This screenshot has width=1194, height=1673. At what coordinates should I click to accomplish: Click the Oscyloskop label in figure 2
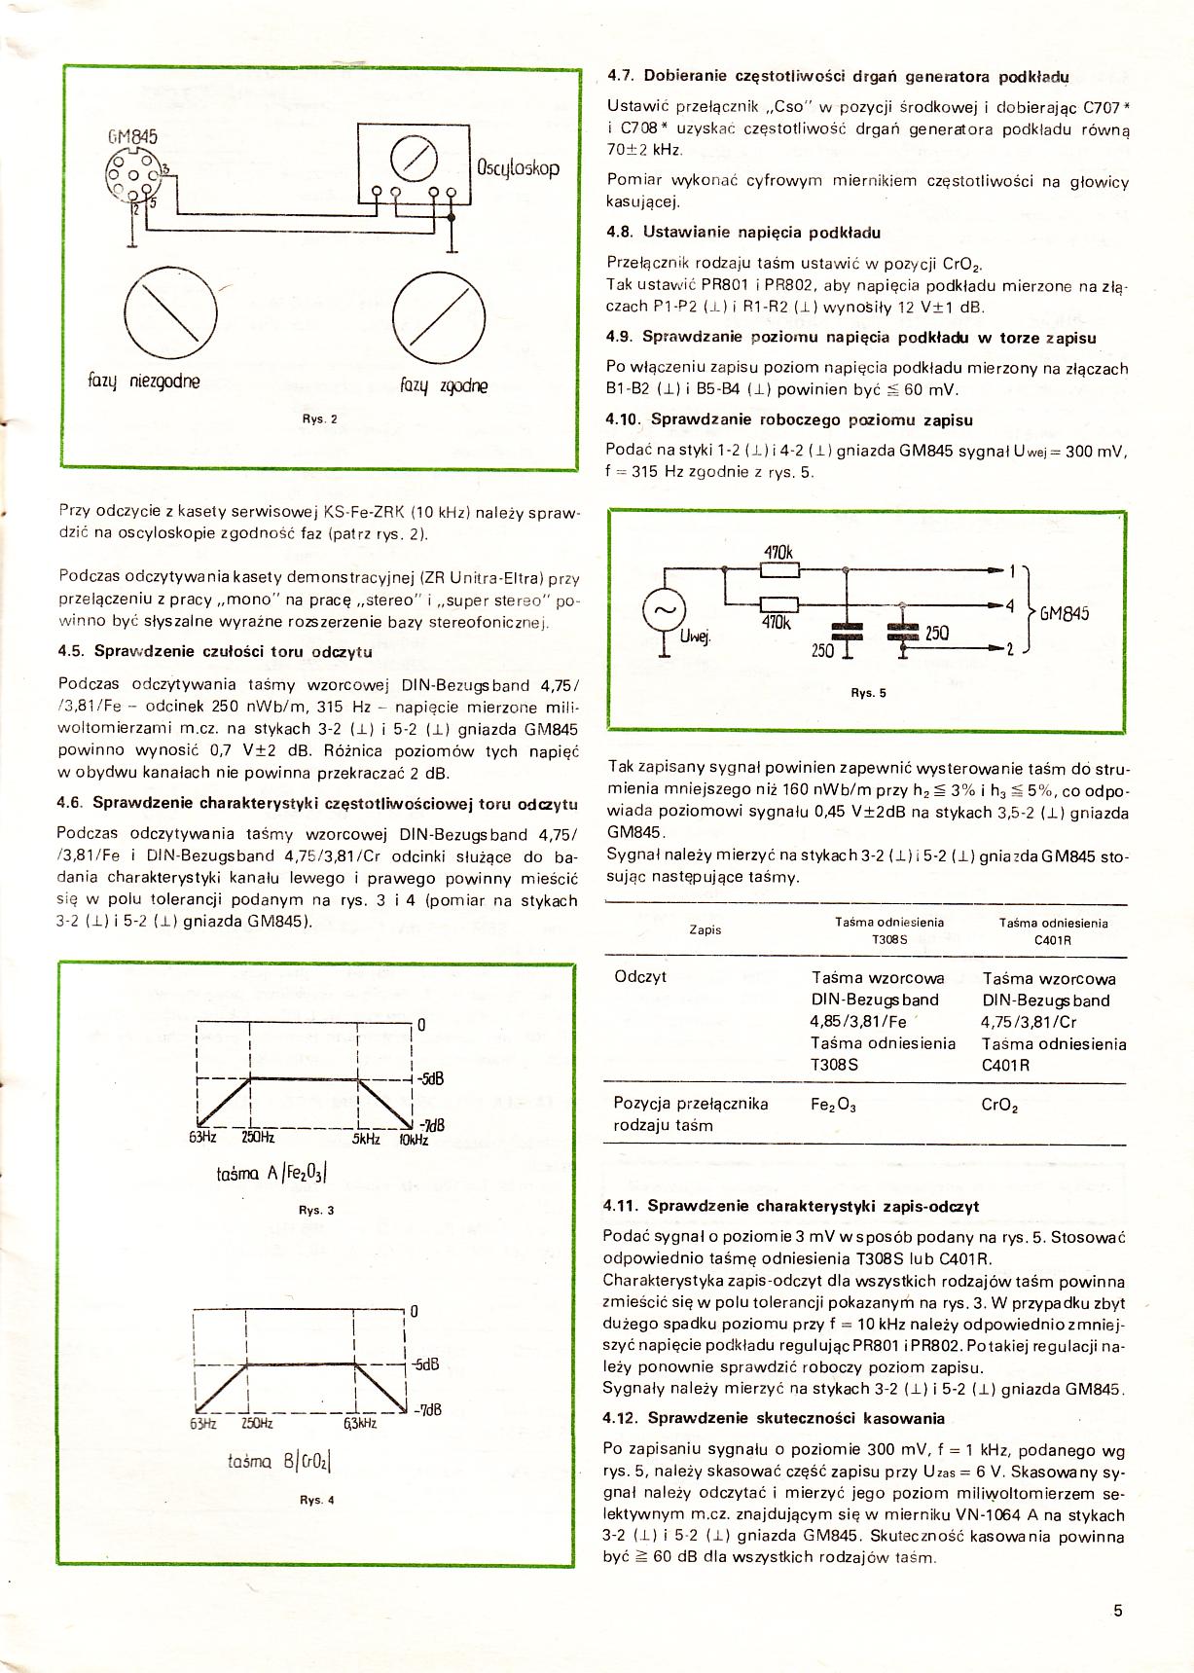pyautogui.click(x=518, y=167)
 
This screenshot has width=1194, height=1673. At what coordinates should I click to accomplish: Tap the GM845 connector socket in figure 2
pyautogui.click(x=130, y=176)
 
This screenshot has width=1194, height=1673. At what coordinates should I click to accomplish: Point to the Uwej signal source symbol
pyautogui.click(x=666, y=612)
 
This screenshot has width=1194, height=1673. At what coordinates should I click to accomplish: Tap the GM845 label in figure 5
pyautogui.click(x=1065, y=613)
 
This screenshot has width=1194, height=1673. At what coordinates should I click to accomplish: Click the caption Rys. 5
pyautogui.click(x=868, y=693)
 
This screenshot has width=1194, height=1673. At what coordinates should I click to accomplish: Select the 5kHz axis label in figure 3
pyautogui.click(x=366, y=1138)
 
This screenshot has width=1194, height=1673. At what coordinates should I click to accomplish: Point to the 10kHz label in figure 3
pyautogui.click(x=413, y=1140)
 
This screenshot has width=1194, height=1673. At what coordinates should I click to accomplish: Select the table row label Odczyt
pyautogui.click(x=640, y=976)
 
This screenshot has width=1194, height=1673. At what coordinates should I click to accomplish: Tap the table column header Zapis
pyautogui.click(x=705, y=929)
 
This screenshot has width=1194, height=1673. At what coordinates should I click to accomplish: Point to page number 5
pyautogui.click(x=1118, y=1610)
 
